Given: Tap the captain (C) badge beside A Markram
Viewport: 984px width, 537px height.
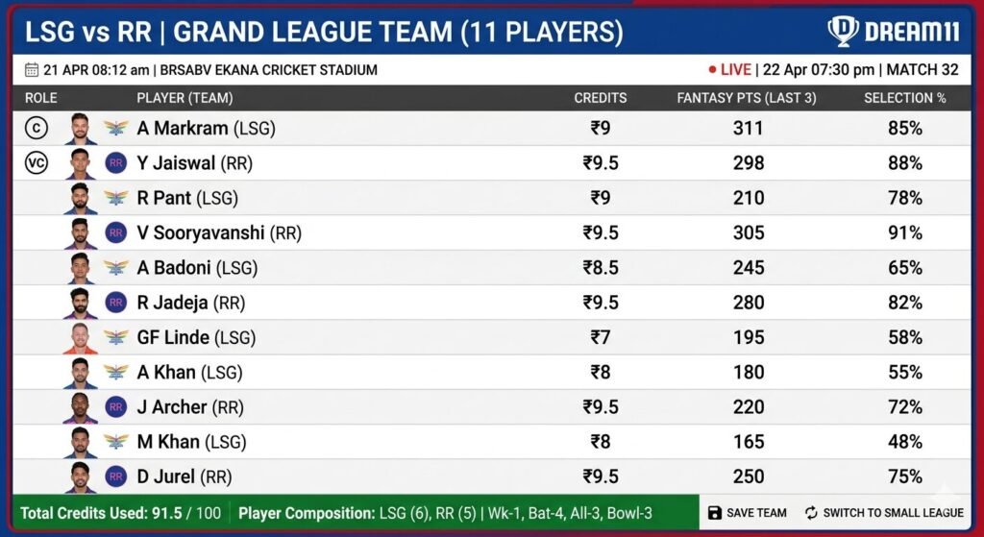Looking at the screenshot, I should click(x=37, y=128).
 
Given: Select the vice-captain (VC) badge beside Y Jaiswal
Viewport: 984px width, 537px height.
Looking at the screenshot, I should click(x=37, y=163).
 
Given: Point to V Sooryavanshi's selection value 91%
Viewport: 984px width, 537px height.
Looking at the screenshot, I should click(x=904, y=232).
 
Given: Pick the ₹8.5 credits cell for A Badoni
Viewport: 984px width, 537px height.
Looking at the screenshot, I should click(x=600, y=268).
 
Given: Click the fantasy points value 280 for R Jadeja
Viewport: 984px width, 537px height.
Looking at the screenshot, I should click(x=749, y=303).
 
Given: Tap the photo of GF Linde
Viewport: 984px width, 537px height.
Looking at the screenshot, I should click(x=81, y=337).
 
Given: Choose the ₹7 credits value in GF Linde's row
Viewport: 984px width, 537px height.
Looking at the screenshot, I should click(x=600, y=337).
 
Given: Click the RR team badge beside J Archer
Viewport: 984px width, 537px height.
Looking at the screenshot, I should click(x=116, y=407).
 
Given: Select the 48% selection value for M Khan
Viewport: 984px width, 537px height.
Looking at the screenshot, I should click(x=904, y=442).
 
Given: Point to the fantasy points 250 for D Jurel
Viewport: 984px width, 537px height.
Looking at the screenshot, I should click(x=749, y=476).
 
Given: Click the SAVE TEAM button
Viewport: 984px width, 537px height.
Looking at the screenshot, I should click(x=747, y=513).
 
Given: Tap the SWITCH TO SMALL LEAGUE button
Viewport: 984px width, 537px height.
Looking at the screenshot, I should click(x=883, y=513).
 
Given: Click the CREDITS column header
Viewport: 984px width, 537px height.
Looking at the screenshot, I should click(x=600, y=98).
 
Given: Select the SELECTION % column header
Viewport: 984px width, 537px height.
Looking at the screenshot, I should click(x=904, y=98).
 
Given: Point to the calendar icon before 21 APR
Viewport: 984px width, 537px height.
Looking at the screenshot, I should click(x=31, y=70).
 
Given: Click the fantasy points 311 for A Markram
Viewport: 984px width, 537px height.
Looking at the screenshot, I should click(x=749, y=128).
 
